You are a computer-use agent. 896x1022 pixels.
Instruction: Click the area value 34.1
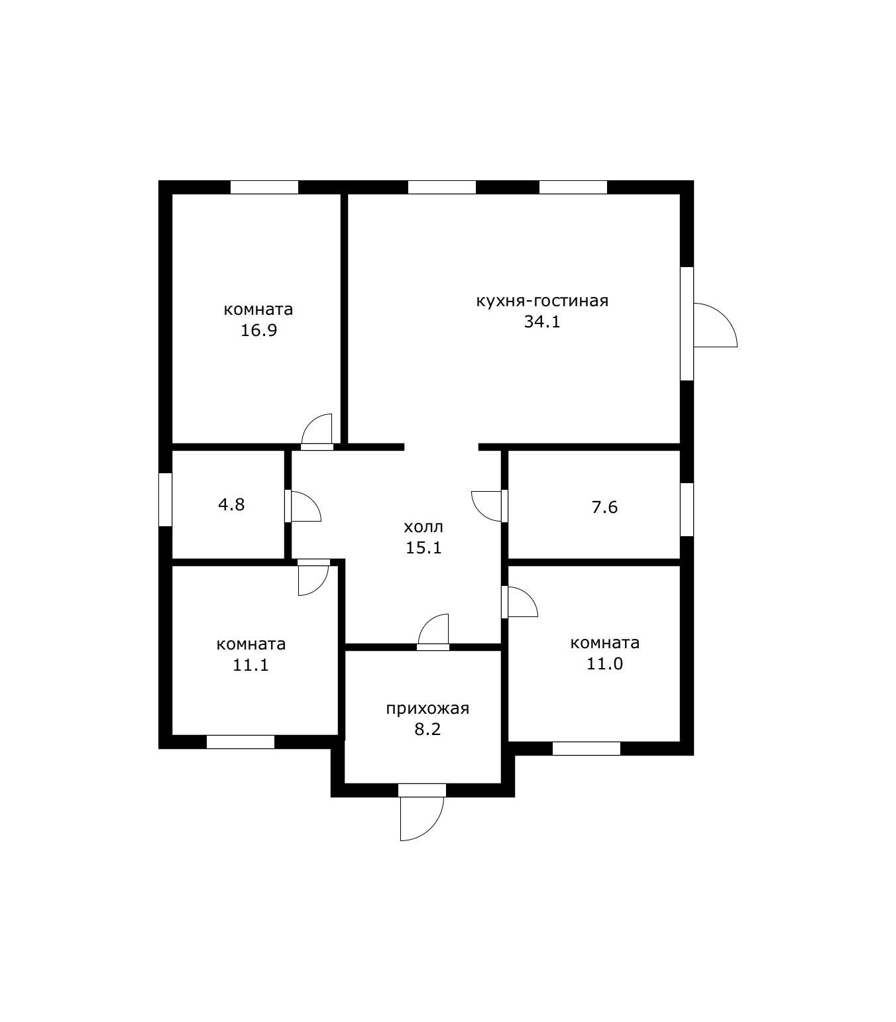click(x=542, y=321)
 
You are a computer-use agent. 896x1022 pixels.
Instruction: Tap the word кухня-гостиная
click(x=542, y=301)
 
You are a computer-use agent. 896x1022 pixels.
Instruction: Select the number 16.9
click(x=258, y=331)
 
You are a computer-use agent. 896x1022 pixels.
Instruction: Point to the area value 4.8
click(x=231, y=504)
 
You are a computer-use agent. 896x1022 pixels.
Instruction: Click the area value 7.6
click(x=604, y=507)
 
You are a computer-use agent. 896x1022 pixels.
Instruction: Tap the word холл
click(x=423, y=527)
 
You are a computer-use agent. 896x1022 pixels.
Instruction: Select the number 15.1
click(x=423, y=548)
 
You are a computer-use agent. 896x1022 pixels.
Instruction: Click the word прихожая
click(x=427, y=709)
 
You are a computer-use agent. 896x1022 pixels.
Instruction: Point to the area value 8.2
click(x=427, y=730)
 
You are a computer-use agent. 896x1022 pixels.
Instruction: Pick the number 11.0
click(x=604, y=663)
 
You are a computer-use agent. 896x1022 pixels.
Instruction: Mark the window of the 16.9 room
click(x=264, y=187)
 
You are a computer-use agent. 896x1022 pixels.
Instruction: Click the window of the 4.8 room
click(x=166, y=499)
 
